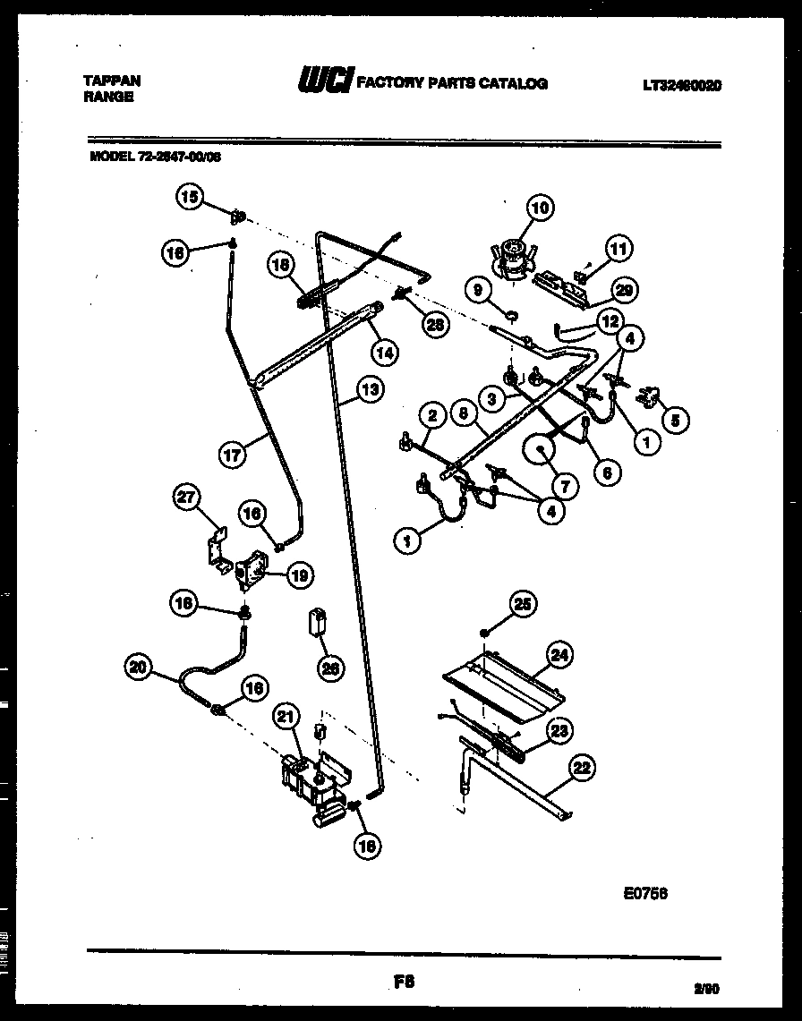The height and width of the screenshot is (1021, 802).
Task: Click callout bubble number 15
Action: coord(190,197)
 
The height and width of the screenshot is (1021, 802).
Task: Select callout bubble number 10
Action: coord(540,208)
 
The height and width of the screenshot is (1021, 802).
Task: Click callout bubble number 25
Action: coord(522,607)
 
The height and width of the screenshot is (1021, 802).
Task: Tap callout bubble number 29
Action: coord(627,288)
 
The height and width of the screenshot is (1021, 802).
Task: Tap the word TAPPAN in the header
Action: coord(111,81)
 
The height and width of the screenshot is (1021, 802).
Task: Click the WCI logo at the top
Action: coord(326,82)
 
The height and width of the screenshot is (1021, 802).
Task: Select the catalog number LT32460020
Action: coord(681,86)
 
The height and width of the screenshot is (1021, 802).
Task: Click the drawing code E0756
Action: coord(645,891)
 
